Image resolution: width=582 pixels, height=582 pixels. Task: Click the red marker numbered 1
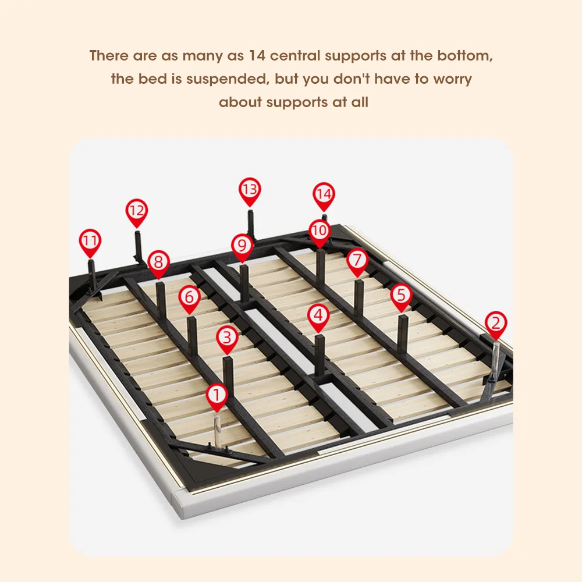click(217, 396)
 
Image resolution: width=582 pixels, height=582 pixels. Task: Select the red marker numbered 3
click(228, 338)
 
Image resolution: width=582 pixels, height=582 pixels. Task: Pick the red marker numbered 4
click(318, 316)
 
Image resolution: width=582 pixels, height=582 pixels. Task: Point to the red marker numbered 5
click(401, 296)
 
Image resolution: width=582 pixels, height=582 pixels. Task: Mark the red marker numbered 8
click(158, 262)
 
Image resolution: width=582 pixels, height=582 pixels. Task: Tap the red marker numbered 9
click(242, 245)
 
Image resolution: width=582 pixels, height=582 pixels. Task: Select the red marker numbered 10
click(319, 231)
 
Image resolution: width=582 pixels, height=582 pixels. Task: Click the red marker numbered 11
click(90, 241)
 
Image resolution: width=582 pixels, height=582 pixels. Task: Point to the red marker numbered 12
click(137, 211)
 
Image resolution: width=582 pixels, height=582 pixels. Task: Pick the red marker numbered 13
click(250, 190)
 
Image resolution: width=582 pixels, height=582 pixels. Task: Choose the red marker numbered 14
click(324, 194)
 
